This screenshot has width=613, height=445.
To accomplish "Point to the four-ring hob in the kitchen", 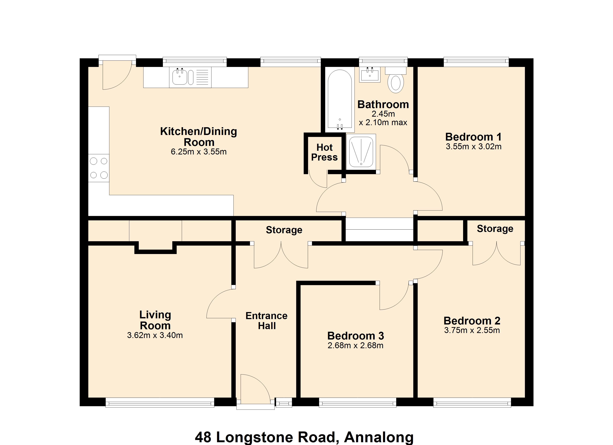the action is coord(99,168).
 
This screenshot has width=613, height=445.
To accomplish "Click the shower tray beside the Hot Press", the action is coord(361,152).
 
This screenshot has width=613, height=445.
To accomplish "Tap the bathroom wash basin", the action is coord(370,75).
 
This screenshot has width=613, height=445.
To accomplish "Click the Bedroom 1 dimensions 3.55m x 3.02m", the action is coord(473,146).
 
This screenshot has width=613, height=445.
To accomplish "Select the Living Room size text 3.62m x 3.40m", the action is coord(155,335).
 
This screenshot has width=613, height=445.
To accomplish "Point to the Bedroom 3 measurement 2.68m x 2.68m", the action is coord(355,345).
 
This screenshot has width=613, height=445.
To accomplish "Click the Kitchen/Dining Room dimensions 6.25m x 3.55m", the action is coord(199,152).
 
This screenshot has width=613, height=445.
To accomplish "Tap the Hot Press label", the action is coord(324,152).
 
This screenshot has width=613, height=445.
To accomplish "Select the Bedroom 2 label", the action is coord(472,321).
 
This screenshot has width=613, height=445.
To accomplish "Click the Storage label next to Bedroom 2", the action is coord(495,229).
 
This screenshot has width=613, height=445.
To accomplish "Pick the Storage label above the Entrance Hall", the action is coord(284,230).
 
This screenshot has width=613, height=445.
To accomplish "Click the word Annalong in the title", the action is coord(379,437).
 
